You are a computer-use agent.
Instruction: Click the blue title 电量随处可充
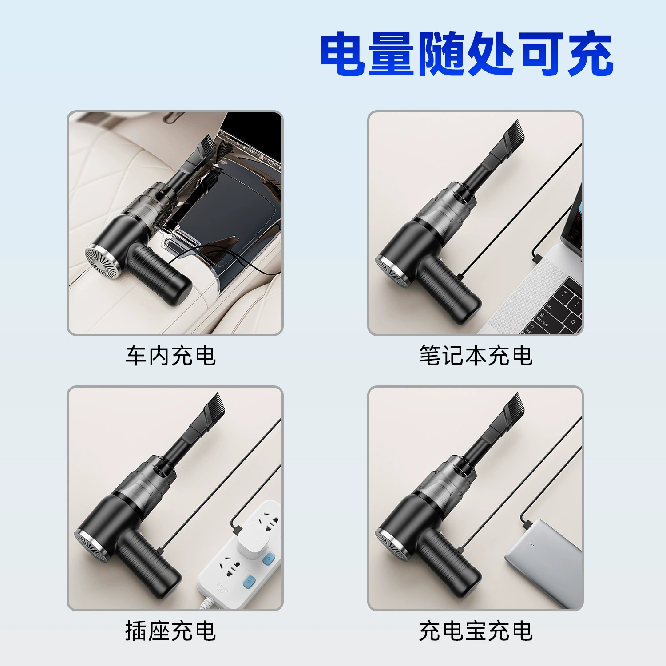pos(467,54)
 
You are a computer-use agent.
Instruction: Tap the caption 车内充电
pos(171,356)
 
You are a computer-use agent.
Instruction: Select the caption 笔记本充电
pos(476,356)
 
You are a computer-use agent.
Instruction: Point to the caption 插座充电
pos(171,631)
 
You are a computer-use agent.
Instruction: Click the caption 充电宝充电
pos(476,631)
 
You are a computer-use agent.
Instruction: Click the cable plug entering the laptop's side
pos(536,257)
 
